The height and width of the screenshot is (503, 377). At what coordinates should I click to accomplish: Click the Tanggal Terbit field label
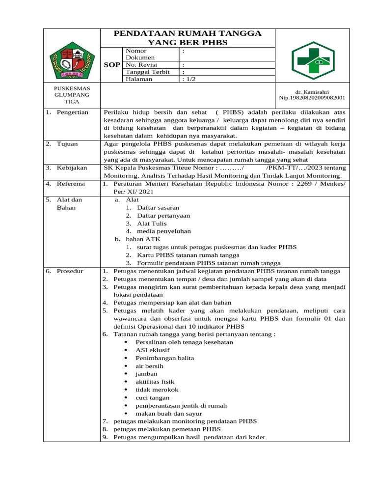point(147,72)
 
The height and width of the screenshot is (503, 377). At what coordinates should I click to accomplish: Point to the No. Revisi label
point(141,65)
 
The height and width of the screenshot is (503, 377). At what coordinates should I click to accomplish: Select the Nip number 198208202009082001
point(312,98)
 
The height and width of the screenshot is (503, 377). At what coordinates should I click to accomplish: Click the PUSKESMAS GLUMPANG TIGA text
point(72,95)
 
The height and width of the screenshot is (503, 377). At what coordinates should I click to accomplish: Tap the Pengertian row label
point(72,112)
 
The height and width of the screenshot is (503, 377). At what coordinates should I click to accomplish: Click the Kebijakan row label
point(71,168)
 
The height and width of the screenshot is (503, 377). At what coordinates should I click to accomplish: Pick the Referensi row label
point(71,183)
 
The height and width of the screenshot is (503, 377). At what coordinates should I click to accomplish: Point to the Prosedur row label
point(70,271)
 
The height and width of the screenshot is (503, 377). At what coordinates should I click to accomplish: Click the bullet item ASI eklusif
point(153,350)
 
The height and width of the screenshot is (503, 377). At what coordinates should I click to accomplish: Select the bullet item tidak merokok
point(157,390)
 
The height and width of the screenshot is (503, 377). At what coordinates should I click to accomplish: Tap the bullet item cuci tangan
point(153,397)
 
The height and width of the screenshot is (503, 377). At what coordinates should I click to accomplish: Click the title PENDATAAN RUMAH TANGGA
point(188,33)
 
